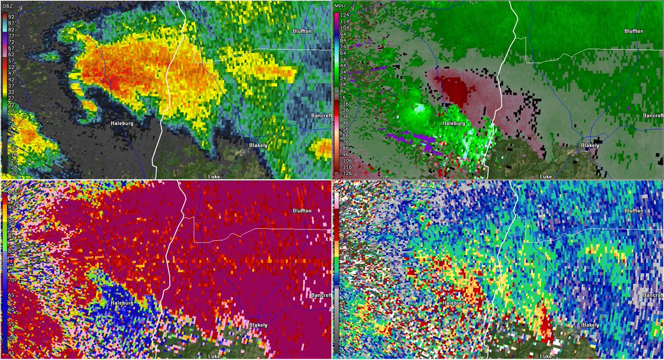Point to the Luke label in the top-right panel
546,176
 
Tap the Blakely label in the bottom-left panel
257,325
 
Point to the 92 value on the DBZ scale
12,17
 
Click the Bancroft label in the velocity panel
653,116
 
